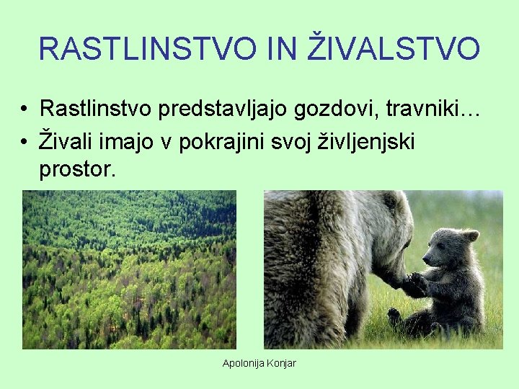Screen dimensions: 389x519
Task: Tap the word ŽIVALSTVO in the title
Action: pos(396,48)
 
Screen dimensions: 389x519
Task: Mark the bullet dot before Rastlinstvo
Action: pos(25,110)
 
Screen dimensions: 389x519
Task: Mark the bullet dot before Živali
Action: pos(25,142)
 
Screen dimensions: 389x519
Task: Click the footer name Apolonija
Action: pos(244,363)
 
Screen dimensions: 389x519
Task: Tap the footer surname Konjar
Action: pos(281,363)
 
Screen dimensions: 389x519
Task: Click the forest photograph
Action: pos(129,269)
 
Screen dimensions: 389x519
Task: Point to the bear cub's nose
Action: pos(425,261)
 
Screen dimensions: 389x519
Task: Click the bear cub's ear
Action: pos(470,236)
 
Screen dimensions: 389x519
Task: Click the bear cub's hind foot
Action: pos(394,316)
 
